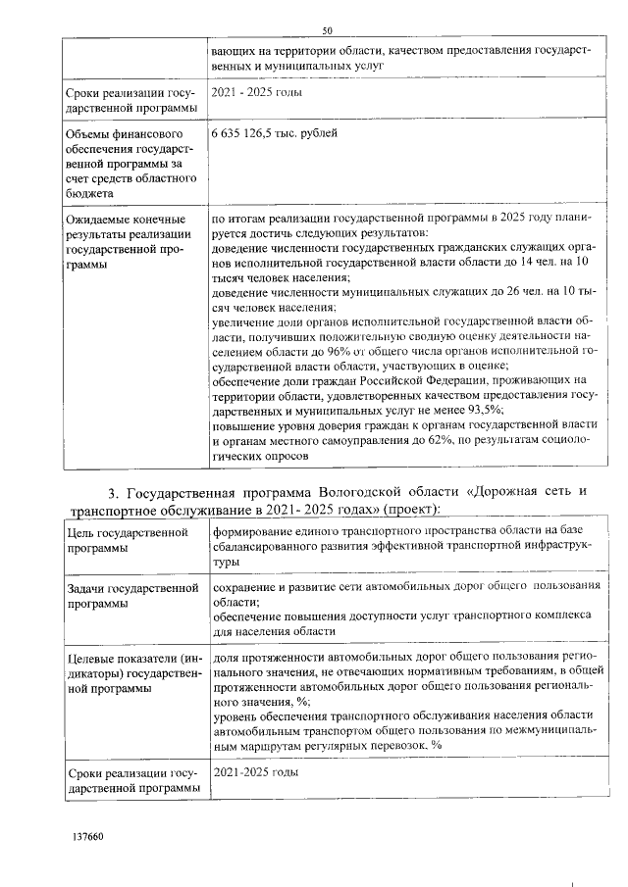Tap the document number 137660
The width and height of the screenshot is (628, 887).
click(88, 838)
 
